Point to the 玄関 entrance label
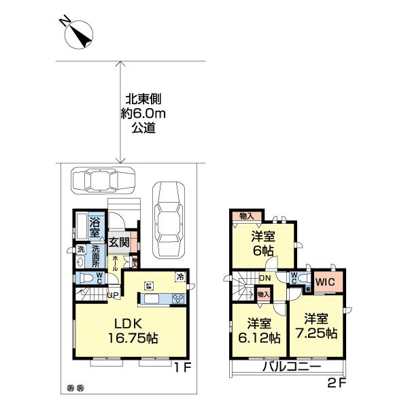(x=118, y=242)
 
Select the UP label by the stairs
(x=112, y=294)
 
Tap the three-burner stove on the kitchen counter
(x=180, y=299)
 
